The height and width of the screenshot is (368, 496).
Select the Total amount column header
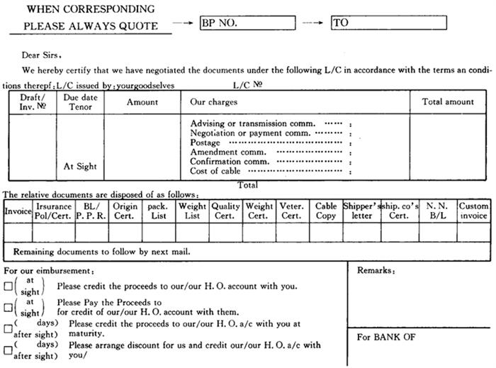[x=448, y=102]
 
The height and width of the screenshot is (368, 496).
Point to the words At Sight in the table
[x=80, y=167]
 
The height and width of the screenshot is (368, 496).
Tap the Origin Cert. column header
[x=125, y=211]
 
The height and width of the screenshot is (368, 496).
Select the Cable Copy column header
[x=326, y=211]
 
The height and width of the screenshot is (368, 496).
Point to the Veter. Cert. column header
[x=291, y=211]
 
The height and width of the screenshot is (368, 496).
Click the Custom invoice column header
[x=473, y=211]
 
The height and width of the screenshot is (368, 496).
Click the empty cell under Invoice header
[x=18, y=232]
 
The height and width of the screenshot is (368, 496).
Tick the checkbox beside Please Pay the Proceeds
[x=8, y=307]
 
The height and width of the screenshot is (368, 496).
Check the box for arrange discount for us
[x=8, y=350]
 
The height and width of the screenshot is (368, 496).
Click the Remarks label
[x=376, y=271]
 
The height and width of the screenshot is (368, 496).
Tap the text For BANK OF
[x=386, y=337]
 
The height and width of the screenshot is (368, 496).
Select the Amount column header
[x=142, y=102]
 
